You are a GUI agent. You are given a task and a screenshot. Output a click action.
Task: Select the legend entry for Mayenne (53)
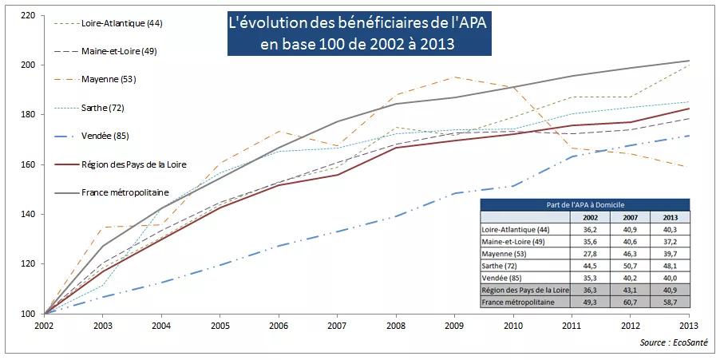tap(109, 79)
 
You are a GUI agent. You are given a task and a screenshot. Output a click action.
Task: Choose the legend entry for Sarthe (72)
tap(103, 107)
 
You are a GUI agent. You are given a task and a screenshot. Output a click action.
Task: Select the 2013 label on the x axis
tap(689, 326)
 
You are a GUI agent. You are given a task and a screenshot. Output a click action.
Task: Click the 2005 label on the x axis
tap(220, 326)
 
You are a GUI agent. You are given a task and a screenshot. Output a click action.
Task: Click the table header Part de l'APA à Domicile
tap(586, 205)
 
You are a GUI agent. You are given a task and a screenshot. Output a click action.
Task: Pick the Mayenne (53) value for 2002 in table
tap(591, 251)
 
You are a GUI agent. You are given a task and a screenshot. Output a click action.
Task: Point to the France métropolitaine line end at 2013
tap(689, 61)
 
